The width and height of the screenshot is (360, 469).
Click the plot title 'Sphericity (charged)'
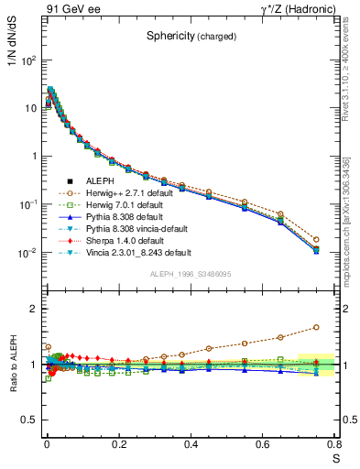pos(191,37)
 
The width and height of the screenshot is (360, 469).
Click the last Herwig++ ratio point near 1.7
pos(316,326)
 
